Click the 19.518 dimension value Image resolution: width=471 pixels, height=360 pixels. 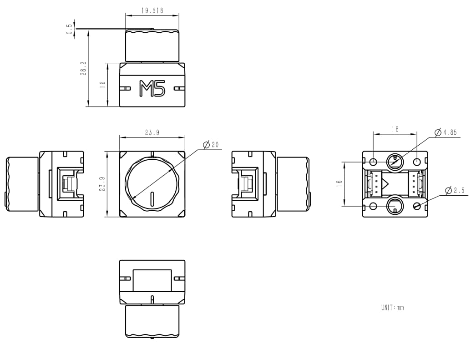pos(152,10)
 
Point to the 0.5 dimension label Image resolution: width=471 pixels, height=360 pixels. pos(69,30)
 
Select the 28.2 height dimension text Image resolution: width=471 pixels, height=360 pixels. pos(83,69)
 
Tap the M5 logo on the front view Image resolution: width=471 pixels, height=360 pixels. pos(152,88)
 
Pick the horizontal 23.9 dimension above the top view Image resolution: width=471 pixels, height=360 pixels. pos(152,132)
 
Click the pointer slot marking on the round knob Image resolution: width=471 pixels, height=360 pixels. pos(152,199)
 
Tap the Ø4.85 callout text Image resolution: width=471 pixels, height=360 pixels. pos(446,132)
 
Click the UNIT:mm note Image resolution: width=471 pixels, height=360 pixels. pos(392,308)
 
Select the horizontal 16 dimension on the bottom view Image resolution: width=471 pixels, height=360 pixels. pos(395,129)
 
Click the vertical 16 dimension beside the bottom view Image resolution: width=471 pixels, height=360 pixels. pos(339,184)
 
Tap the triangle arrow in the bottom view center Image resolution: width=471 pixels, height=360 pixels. pos(385,184)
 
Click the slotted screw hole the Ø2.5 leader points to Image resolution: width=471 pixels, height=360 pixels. pos(417,206)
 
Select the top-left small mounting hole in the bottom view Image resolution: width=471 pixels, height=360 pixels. pos(374,162)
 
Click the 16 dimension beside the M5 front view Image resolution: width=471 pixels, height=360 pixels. pos(103,85)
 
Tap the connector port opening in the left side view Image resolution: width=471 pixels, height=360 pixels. pos(71,184)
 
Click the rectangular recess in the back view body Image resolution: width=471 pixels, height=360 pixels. pos(152,280)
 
